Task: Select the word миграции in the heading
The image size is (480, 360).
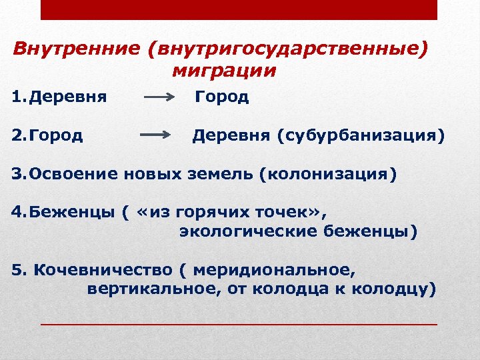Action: (223, 70)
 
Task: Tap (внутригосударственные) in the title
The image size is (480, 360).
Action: (288, 49)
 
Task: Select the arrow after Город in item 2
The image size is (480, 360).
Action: (155, 136)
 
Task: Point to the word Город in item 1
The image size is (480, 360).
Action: (222, 97)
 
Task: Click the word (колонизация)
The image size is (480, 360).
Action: (327, 174)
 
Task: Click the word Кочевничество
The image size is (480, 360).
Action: (103, 270)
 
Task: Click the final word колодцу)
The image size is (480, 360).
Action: (395, 289)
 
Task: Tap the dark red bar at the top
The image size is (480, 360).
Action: (239, 9)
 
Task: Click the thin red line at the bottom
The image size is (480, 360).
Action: (239, 323)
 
